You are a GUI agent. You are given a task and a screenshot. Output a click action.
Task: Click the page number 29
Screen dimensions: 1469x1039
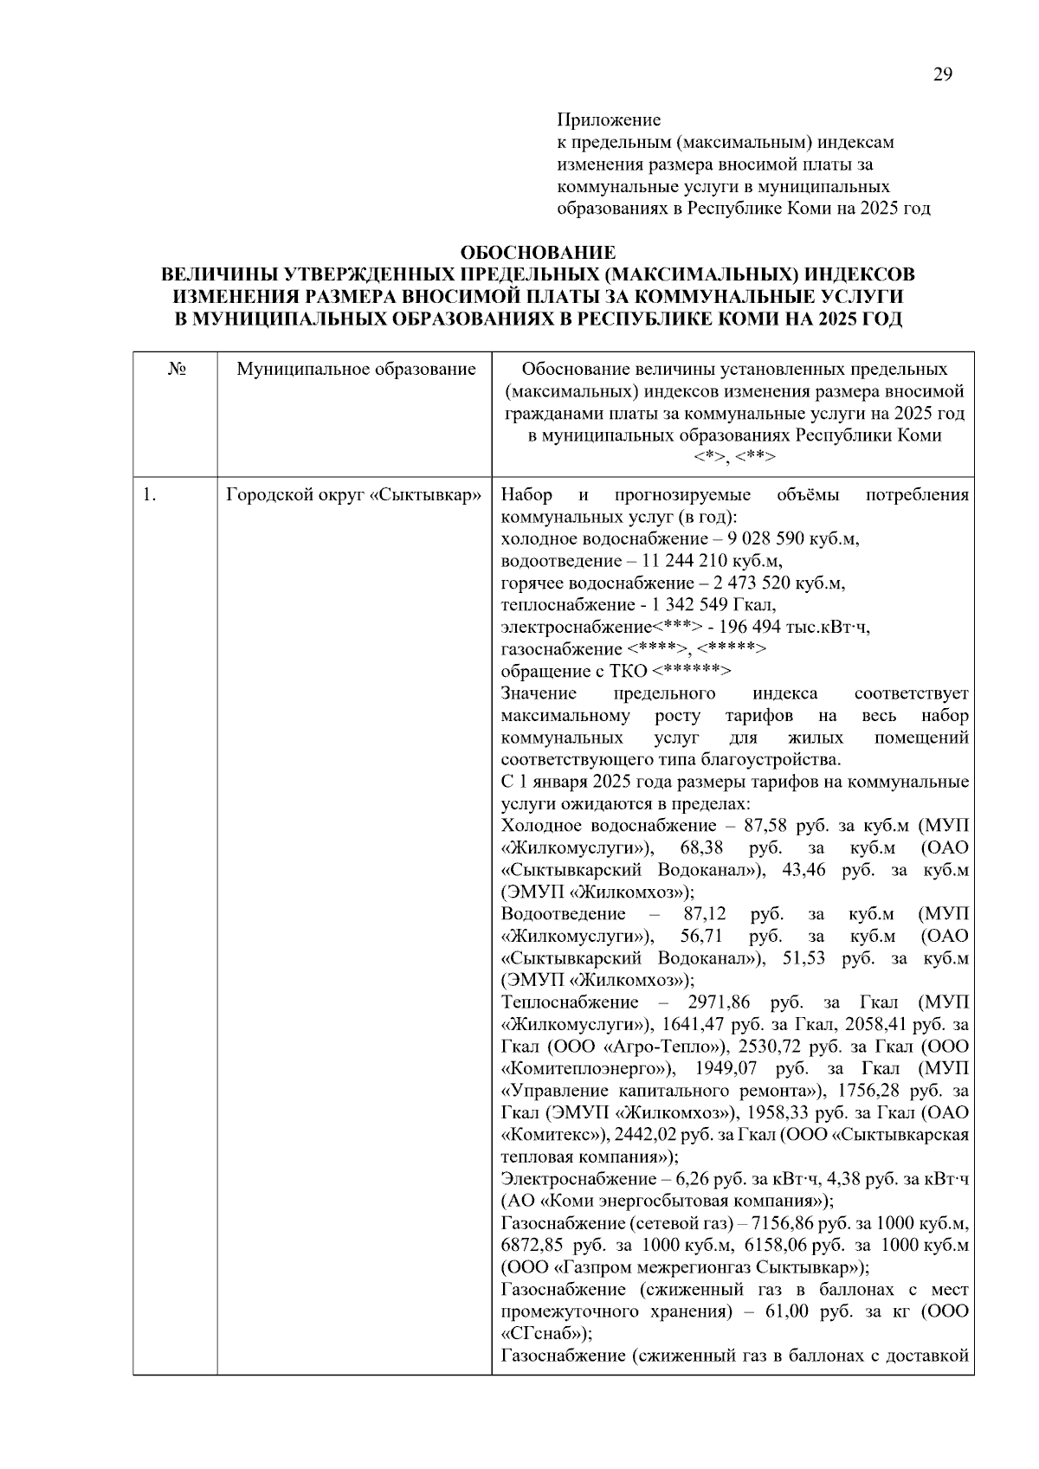tap(943, 74)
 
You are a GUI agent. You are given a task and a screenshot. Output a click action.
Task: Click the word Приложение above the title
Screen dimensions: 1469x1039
tap(608, 119)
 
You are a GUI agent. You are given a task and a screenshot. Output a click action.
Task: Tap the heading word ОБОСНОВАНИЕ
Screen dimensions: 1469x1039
tap(538, 253)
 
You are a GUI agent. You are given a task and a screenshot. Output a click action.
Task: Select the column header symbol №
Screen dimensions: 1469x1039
tap(176, 370)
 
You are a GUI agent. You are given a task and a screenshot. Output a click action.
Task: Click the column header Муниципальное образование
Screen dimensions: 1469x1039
tap(356, 370)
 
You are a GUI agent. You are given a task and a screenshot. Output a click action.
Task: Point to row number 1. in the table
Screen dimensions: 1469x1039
tap(149, 496)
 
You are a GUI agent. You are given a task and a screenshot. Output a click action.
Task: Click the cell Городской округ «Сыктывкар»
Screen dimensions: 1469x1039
tap(353, 496)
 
